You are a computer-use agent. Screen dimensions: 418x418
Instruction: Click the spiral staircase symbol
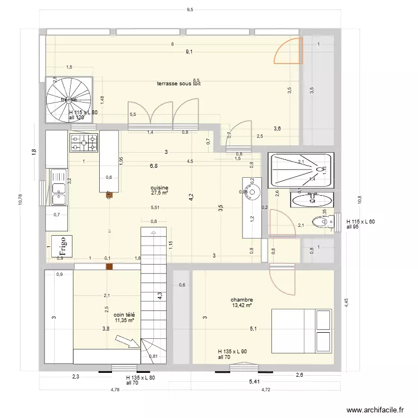pos(68,99)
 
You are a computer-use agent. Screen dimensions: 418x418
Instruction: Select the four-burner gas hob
pos(84,142)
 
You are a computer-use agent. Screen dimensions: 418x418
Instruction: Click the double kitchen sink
pos(58,187)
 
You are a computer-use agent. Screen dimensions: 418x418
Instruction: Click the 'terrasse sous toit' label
pos(178,84)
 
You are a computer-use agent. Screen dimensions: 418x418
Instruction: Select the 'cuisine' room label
pos(159,188)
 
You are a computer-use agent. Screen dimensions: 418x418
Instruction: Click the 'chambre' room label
pos(241,299)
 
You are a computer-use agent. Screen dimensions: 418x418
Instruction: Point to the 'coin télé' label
pos(124,315)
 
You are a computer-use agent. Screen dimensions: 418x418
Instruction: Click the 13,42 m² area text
pos(242,305)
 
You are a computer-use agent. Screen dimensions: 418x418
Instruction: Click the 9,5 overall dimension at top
pos(190,9)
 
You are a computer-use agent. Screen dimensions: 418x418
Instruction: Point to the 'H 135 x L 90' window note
pos(232,351)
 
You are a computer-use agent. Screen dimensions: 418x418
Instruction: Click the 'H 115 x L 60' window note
pos(361,221)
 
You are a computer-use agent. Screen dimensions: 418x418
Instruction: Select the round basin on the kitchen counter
pos(252,192)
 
